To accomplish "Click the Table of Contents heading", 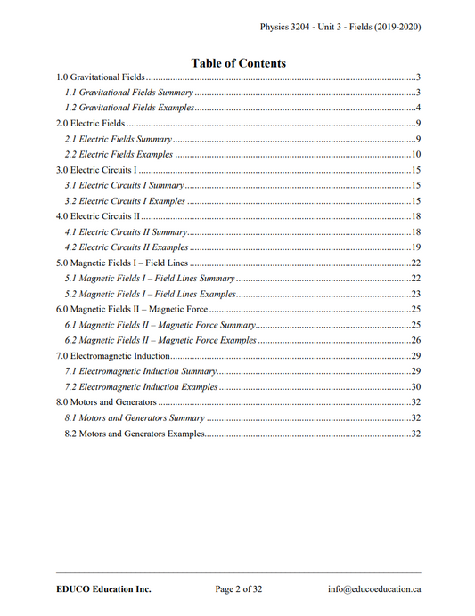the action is coord(239,63).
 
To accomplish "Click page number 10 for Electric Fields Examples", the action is coord(415,154).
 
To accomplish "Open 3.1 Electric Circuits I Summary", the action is coord(125,185).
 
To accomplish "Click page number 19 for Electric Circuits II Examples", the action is coord(415,247).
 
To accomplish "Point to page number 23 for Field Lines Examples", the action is coord(415,294).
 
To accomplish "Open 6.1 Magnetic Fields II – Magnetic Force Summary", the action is coord(160,325).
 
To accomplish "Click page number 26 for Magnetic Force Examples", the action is coord(415,340).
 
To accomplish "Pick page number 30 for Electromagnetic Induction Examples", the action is coord(415,387).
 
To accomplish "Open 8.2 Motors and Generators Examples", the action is coord(135,434).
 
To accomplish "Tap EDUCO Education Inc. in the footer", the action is coord(99,588).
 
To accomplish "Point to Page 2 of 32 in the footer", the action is coord(239,588).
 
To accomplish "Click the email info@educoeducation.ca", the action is coord(374,588).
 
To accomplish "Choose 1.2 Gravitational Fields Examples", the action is coord(130,108).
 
